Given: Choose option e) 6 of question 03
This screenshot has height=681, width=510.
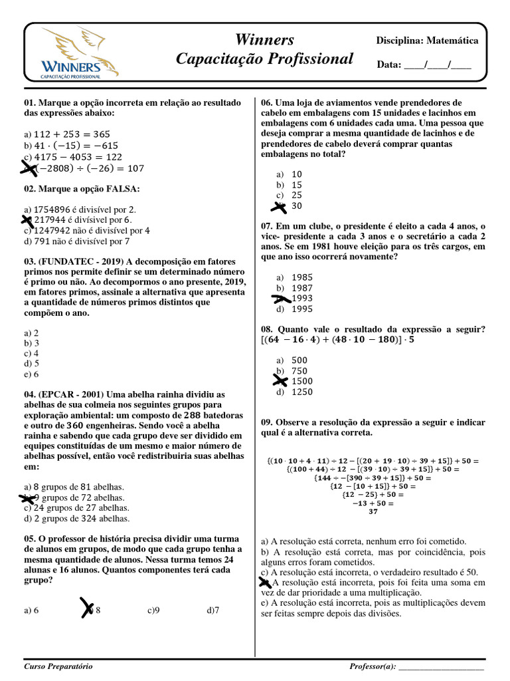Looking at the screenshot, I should (31, 374).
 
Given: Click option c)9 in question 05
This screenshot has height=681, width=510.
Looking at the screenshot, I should (154, 609).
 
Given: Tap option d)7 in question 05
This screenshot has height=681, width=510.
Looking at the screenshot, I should (212, 609).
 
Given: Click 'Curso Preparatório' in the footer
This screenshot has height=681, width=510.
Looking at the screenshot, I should (58, 666).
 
